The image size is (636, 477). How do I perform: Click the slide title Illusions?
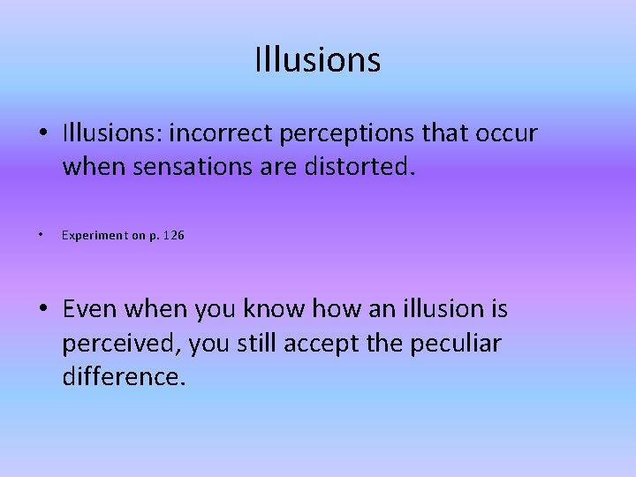coord(317,60)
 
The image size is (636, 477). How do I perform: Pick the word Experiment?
coord(95,236)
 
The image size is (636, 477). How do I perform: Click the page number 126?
coord(173,236)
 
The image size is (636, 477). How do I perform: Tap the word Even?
coord(90,309)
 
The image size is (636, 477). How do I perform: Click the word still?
coord(256,343)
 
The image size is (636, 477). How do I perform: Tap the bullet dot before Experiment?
coord(42,236)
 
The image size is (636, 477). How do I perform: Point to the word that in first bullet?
coord(447,133)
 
